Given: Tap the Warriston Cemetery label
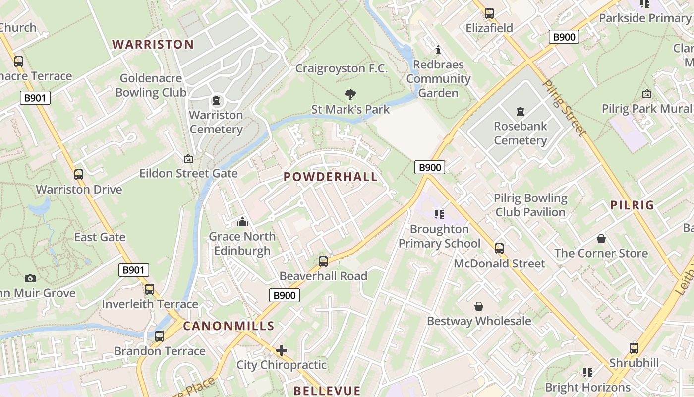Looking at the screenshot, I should click(x=216, y=122).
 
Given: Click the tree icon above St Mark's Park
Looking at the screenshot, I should click(x=350, y=94).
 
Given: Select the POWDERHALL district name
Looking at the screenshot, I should click(x=331, y=177).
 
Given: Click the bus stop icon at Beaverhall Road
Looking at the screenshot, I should click(x=323, y=261).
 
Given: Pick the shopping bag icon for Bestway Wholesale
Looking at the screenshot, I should click(x=479, y=306).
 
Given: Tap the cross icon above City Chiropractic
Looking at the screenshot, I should click(x=282, y=350).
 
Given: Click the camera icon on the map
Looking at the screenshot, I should click(x=30, y=278).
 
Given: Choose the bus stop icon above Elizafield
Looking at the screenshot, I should click(x=489, y=13).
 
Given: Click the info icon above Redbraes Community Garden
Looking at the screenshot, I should click(x=438, y=50).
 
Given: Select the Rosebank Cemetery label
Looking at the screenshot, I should click(x=520, y=133).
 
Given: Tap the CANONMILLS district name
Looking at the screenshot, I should click(x=229, y=326).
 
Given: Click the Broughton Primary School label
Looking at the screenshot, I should click(x=439, y=236).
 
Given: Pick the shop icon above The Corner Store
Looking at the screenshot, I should click(x=601, y=239).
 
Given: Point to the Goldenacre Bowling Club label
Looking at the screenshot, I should click(x=151, y=85).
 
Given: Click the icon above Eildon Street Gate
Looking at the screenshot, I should click(x=188, y=159).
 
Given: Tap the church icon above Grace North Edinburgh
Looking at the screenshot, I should click(x=242, y=222).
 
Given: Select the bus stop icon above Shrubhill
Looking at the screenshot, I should click(x=634, y=348).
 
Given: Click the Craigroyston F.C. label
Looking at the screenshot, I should click(x=342, y=68).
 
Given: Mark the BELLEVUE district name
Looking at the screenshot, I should click(x=327, y=391).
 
